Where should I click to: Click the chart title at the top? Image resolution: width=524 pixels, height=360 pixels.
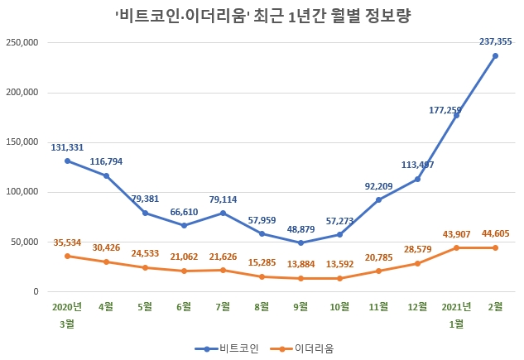coord(262,14)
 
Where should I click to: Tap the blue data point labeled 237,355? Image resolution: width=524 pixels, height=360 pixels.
coord(495,55)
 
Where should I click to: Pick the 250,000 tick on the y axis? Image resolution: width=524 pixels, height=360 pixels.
coord(24,42)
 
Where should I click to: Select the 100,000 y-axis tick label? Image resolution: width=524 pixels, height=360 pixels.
coord(24,192)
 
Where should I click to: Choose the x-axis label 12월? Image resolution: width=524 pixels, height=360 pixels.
coord(417,306)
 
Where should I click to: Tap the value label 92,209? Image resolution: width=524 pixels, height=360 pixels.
coord(379,183)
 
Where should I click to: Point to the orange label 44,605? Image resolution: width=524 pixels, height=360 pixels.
coord(495,233)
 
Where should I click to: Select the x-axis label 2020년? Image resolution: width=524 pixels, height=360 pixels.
coord(67,306)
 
